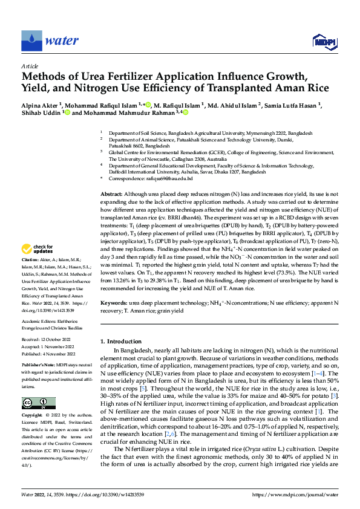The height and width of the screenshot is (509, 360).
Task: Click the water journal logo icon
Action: (32, 41)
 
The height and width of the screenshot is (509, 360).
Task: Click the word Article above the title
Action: (30, 65)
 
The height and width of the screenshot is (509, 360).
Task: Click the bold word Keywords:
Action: (114, 302)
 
